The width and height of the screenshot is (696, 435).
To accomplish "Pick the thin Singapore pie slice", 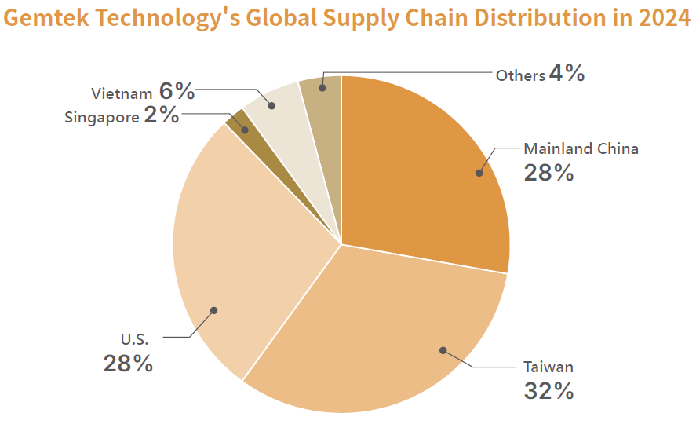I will (x=239, y=122).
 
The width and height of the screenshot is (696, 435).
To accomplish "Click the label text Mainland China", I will (x=581, y=148).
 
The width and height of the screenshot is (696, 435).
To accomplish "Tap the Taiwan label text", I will (x=548, y=367).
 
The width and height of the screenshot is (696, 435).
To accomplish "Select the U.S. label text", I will (x=134, y=340).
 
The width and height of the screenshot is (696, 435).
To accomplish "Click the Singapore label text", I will (x=102, y=117).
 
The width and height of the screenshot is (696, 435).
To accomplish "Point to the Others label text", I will (x=520, y=75).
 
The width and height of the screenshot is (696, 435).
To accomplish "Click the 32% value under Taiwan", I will (x=548, y=390).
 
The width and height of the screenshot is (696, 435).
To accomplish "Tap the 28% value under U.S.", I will (x=128, y=364).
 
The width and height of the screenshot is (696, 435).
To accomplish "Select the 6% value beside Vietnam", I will (x=177, y=91).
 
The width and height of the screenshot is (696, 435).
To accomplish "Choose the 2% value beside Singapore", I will (x=162, y=115).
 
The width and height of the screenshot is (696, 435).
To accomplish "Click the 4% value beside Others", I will (x=567, y=74).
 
